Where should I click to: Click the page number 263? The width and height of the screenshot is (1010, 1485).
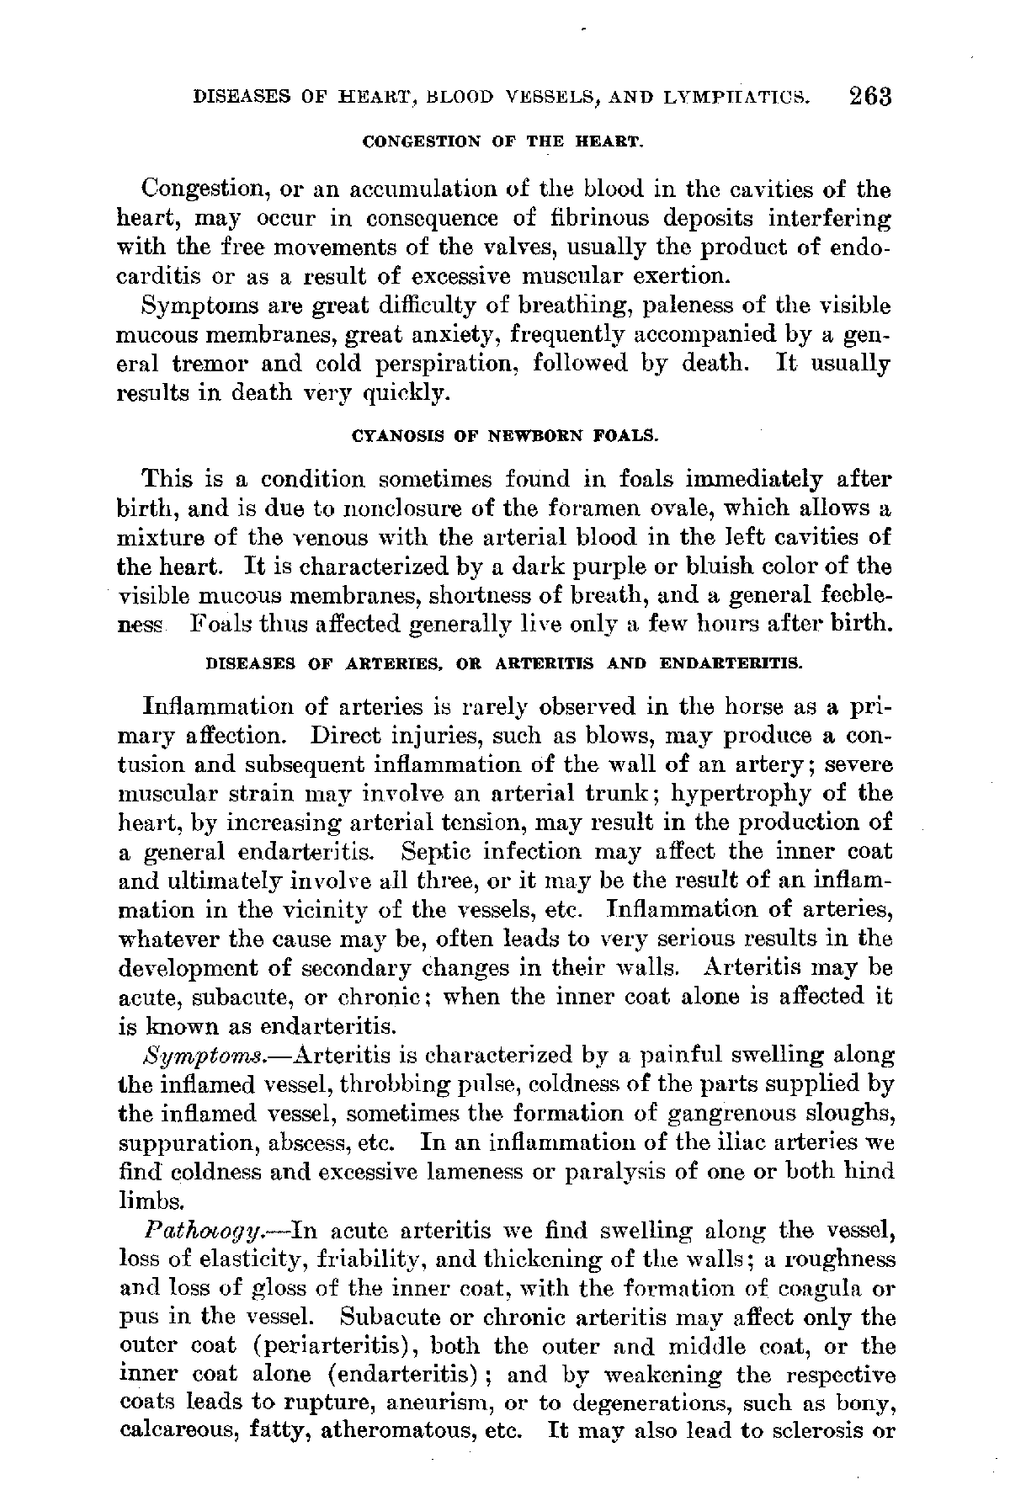[x=870, y=95]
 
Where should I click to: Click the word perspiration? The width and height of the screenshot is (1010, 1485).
[x=456, y=364]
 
